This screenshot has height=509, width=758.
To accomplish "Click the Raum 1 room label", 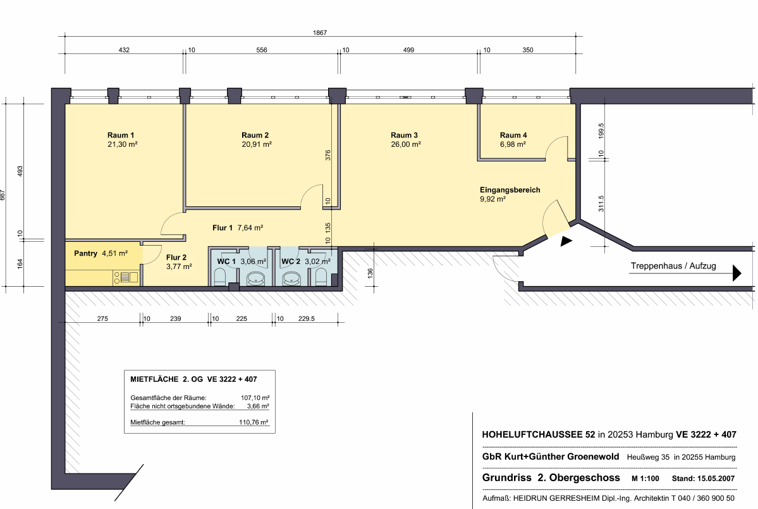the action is [121, 135].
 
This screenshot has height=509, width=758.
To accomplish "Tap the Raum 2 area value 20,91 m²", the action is [257, 144].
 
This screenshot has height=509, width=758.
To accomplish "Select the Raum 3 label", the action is [404, 135].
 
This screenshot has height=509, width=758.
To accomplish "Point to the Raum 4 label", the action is [513, 135].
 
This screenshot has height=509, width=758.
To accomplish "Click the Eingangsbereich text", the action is [510, 190].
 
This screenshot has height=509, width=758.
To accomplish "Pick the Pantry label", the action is [85, 253].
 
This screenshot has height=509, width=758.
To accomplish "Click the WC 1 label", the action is [226, 261].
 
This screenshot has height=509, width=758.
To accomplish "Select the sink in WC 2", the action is [291, 279].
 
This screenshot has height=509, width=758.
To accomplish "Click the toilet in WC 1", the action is [219, 277].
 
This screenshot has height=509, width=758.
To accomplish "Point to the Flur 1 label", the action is [223, 228].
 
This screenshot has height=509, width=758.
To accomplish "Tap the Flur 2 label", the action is [176, 258].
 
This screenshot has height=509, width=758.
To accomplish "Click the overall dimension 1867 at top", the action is [319, 33].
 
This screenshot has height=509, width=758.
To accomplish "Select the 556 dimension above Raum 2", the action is [262, 50].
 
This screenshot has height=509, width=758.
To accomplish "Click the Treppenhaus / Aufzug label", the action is [673, 266].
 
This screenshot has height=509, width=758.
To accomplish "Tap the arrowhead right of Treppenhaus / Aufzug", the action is [737, 273].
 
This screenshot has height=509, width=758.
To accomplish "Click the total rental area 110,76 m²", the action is [254, 422].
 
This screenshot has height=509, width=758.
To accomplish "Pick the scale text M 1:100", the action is [645, 479].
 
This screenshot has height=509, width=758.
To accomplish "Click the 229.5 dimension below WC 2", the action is [307, 318].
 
